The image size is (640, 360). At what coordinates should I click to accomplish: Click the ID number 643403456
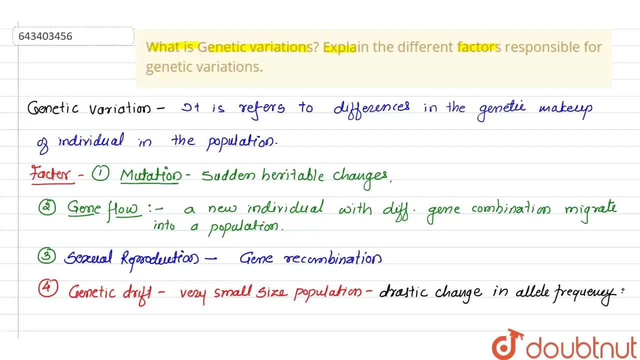[x=45, y=36]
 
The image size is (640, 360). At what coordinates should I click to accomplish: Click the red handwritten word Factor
[x=50, y=174]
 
